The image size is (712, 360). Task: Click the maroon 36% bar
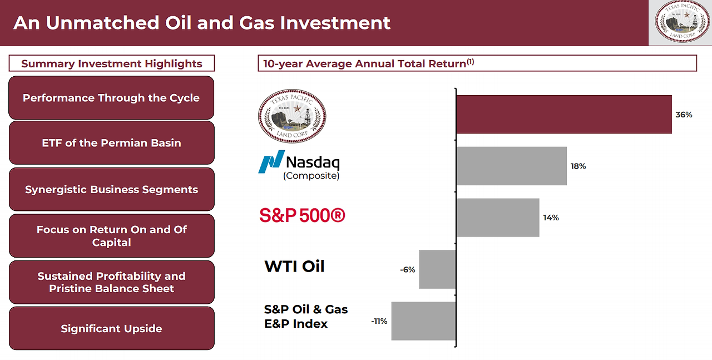pyautogui.click(x=564, y=114)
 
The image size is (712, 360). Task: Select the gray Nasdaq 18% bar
pyautogui.click(x=511, y=166)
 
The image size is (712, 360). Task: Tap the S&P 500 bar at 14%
pyautogui.click(x=498, y=218)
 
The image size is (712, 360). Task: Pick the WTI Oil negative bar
pyautogui.click(x=437, y=269)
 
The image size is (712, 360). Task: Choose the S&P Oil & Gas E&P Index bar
pyautogui.click(x=423, y=321)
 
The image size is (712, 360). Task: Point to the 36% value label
pyautogui.click(x=684, y=115)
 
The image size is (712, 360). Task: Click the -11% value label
pyautogui.click(x=379, y=321)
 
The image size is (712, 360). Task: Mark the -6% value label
pyautogui.click(x=408, y=270)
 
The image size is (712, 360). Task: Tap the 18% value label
pyautogui.click(x=578, y=166)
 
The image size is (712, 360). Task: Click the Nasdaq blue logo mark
pyautogui.click(x=271, y=161)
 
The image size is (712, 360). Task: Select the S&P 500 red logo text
pyautogui.click(x=302, y=215)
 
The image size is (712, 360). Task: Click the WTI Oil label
pyautogui.click(x=294, y=266)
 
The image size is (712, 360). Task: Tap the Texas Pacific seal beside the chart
pyautogui.click(x=292, y=116)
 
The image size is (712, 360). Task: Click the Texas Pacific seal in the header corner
pyautogui.click(x=682, y=21)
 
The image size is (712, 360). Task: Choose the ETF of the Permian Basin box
pyautogui.click(x=112, y=143)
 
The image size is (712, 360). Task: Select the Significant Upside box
pyautogui.click(x=112, y=328)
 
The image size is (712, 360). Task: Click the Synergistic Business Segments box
pyautogui.click(x=112, y=189)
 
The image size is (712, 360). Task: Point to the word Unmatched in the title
pyautogui.click(x=102, y=23)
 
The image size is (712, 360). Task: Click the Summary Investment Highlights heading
pyautogui.click(x=112, y=63)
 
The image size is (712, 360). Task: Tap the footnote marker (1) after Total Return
pyautogui.click(x=470, y=61)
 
